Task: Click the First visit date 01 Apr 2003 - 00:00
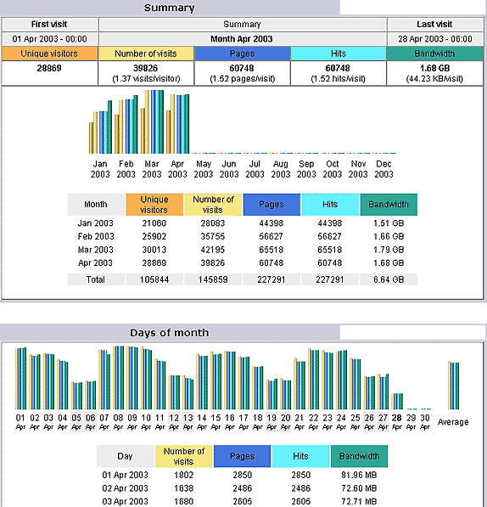[x=49, y=39]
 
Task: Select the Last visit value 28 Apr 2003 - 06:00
[x=435, y=39]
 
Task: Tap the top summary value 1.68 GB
[x=434, y=68]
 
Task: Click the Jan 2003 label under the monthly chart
[x=100, y=169]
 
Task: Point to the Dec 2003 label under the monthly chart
[x=383, y=169]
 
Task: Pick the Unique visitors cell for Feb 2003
[x=154, y=236]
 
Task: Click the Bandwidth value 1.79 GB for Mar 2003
[x=389, y=250]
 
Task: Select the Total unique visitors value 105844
[x=154, y=279]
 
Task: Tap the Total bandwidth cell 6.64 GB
[x=389, y=279]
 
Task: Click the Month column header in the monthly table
[x=96, y=205]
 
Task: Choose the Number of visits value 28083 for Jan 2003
[x=212, y=223]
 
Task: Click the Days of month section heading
[x=169, y=333]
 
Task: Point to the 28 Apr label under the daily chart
[x=397, y=421]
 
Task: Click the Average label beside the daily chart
[x=453, y=422]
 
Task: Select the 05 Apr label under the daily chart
[x=76, y=421]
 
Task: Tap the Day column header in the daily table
[x=125, y=456]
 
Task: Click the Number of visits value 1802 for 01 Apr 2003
[x=184, y=475]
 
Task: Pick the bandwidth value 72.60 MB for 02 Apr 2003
[x=359, y=488]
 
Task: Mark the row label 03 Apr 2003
[x=125, y=502]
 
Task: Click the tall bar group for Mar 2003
[x=152, y=122]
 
